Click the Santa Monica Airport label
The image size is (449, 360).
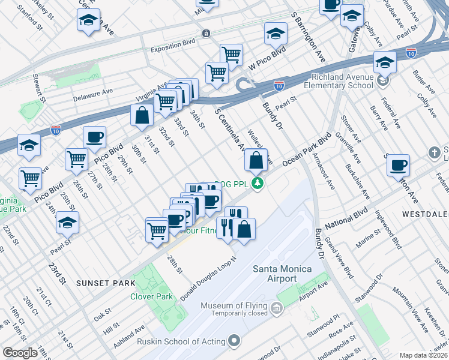pyautogui.click(x=274, y=274)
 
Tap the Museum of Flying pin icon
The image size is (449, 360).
pyautogui.click(x=277, y=310)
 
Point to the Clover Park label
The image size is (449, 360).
pyautogui.click(x=151, y=296)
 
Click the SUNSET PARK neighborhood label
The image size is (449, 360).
pyautogui.click(x=101, y=282)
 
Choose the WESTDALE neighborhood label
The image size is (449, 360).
pyautogui.click(x=426, y=214)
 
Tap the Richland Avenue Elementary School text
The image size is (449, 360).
pyautogui.click(x=342, y=81)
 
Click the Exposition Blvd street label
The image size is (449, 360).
pyautogui.click(x=173, y=50)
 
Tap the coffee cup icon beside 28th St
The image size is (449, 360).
pyautogui.click(x=94, y=137)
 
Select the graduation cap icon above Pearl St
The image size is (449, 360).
pyautogui.click(x=67, y=223)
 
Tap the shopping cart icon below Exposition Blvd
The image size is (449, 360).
pyautogui.click(x=231, y=55)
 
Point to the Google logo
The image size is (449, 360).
pyautogui.click(x=20, y=353)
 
